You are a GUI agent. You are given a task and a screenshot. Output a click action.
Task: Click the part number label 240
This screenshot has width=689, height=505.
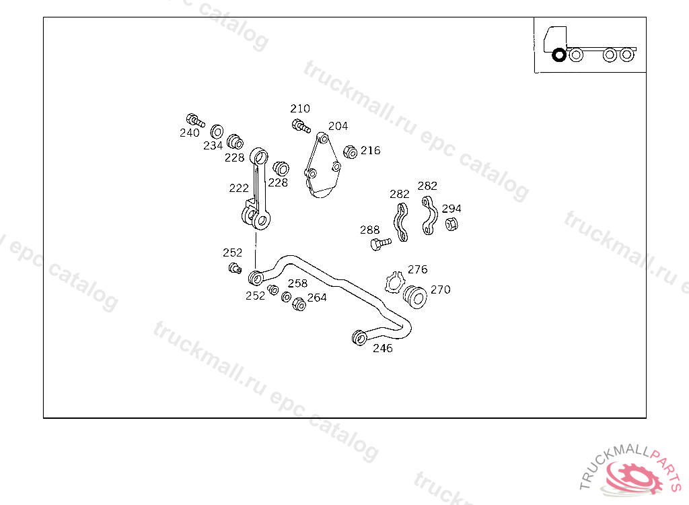[x=190, y=133]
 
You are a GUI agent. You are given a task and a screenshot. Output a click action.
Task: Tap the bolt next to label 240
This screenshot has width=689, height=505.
[x=196, y=121]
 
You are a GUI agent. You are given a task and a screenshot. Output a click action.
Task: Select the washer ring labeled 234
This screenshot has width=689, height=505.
[x=217, y=130]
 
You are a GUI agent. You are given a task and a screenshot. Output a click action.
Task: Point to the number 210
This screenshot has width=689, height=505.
[x=300, y=108]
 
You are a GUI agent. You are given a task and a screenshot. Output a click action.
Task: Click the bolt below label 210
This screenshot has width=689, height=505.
[x=301, y=125]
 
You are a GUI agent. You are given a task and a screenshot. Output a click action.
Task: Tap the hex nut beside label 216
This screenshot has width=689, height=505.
[x=350, y=152]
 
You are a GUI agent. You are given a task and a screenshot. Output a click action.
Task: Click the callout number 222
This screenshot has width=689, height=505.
[x=238, y=188]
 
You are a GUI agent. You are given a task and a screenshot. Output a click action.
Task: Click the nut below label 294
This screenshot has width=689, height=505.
[x=452, y=224]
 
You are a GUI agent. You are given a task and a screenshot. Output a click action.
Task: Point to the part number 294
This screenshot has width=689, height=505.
[x=451, y=209]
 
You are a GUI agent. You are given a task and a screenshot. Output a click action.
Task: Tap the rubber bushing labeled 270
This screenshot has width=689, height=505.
[x=415, y=296]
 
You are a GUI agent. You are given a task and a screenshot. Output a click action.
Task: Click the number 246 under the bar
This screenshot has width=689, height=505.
[x=383, y=348]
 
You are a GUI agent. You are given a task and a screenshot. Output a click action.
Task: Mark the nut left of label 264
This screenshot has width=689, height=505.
[x=299, y=304]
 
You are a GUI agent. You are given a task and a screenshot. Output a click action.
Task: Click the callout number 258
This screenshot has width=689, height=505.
[x=297, y=283]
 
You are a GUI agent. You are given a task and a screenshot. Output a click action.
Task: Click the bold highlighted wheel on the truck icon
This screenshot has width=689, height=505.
[x=558, y=55]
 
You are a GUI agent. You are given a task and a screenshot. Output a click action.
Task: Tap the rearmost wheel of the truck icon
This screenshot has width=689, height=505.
[x=627, y=55]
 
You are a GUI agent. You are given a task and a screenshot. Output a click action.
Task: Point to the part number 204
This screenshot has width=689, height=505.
[x=338, y=126]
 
